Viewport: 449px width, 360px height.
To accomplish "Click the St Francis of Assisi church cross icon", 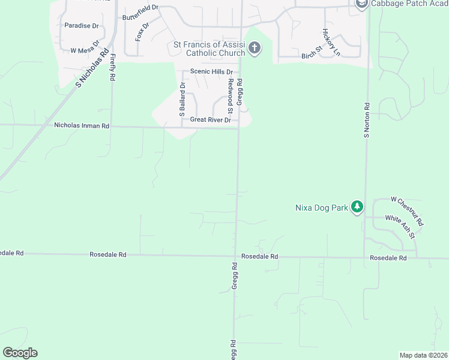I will (255, 48).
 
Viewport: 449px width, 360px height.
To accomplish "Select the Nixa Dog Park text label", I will (322, 208).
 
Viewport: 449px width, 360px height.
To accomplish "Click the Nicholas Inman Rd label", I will (82, 126).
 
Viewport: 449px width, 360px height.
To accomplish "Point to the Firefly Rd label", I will (113, 68).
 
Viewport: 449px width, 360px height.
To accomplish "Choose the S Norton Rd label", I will (367, 119).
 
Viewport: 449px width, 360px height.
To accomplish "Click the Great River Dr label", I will (210, 120).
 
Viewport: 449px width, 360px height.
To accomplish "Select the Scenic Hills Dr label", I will (211, 71).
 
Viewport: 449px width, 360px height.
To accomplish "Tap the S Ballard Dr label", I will (181, 100).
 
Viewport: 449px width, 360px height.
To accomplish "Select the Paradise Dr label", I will (81, 26).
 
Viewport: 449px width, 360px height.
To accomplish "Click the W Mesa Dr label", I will (84, 50).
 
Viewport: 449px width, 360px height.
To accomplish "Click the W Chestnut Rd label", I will (407, 211).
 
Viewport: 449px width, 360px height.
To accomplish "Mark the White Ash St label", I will (400, 226).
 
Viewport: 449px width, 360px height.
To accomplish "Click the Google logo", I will (20, 353).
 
